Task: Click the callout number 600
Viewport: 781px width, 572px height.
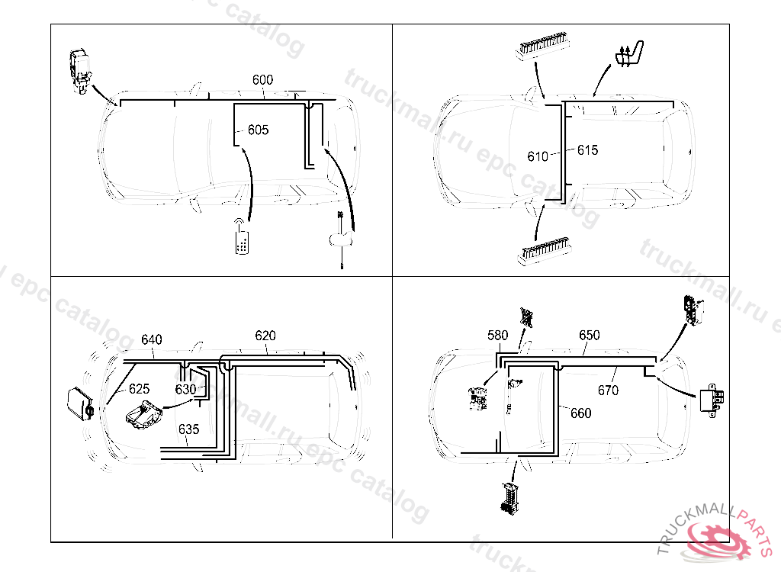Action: [x=262, y=80]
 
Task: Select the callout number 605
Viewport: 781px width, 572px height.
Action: [x=259, y=130]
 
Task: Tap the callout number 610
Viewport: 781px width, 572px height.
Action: [x=538, y=156]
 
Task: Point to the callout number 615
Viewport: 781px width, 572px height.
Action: [x=587, y=150]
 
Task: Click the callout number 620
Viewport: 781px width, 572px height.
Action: [x=265, y=336]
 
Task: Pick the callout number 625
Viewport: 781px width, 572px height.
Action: [x=139, y=389]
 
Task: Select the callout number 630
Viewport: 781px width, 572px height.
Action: [x=186, y=389]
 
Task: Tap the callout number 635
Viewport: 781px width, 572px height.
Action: [x=188, y=429]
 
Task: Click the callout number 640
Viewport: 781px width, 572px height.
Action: [x=152, y=340]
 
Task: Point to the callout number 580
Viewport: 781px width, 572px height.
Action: [x=497, y=336]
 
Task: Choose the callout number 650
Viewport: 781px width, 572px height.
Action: [x=589, y=336]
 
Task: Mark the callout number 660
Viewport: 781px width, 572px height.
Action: [x=580, y=413]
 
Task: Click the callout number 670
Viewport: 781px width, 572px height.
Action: [x=608, y=390]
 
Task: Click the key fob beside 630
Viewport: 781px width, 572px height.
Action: [x=143, y=416]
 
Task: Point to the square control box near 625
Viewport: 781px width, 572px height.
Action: [x=79, y=403]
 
